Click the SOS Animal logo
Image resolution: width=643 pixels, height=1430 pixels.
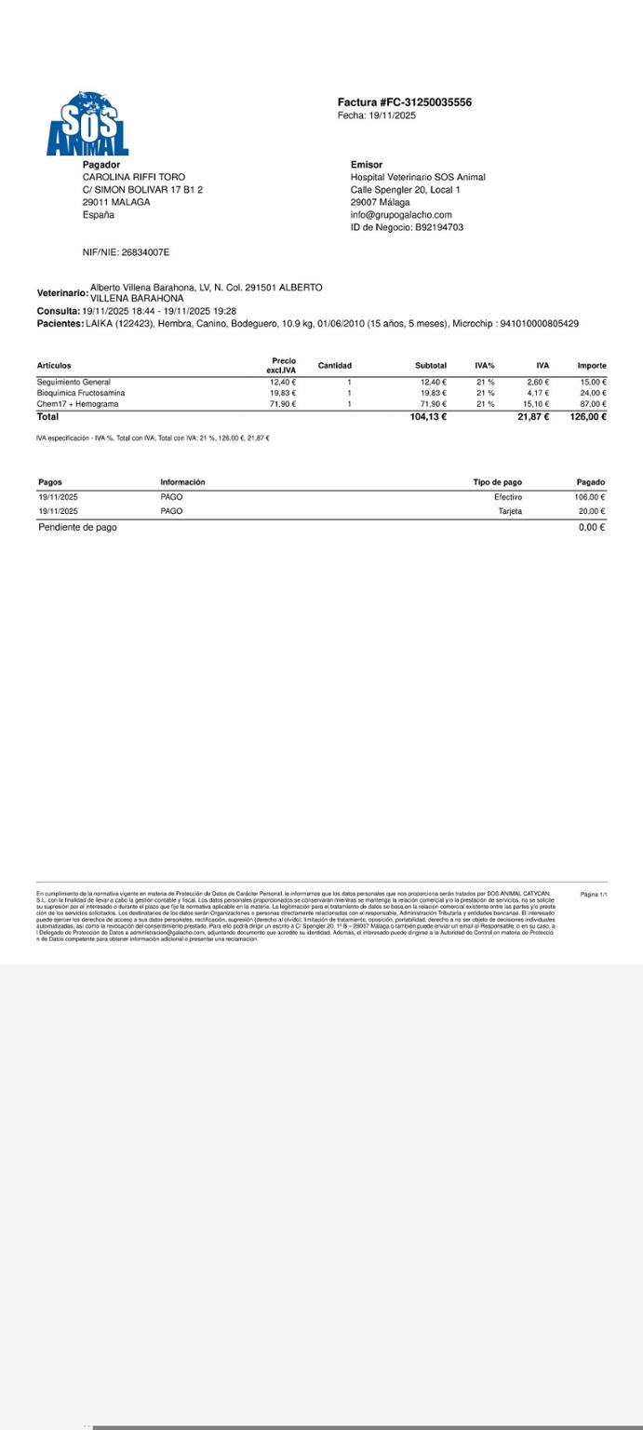pos(87,124)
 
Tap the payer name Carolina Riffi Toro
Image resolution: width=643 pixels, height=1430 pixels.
pos(134,177)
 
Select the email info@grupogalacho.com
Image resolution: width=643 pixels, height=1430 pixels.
pos(401,215)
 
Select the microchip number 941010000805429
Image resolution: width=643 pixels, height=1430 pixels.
pos(539,324)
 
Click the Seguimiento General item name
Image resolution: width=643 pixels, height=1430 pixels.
pos(74,382)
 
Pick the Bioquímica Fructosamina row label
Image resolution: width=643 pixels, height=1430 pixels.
pos(81,393)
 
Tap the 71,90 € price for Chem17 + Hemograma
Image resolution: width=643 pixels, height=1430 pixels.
pos(283,404)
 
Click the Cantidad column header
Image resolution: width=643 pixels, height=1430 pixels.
pos(335,366)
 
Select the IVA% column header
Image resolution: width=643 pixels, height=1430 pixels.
pos(485,366)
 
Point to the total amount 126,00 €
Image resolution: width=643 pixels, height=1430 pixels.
pos(588,417)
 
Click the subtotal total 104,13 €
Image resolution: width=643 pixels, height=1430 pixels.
pos(428,417)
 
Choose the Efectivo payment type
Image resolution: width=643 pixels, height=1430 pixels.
pos(508,497)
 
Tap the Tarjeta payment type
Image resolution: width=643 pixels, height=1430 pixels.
pos(510,511)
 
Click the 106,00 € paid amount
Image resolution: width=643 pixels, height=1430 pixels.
pos(590,497)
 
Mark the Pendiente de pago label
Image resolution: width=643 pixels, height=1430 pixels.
pos(77,527)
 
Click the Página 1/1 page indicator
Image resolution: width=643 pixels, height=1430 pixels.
pos(594,895)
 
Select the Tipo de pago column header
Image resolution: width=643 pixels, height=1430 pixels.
pos(497,482)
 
